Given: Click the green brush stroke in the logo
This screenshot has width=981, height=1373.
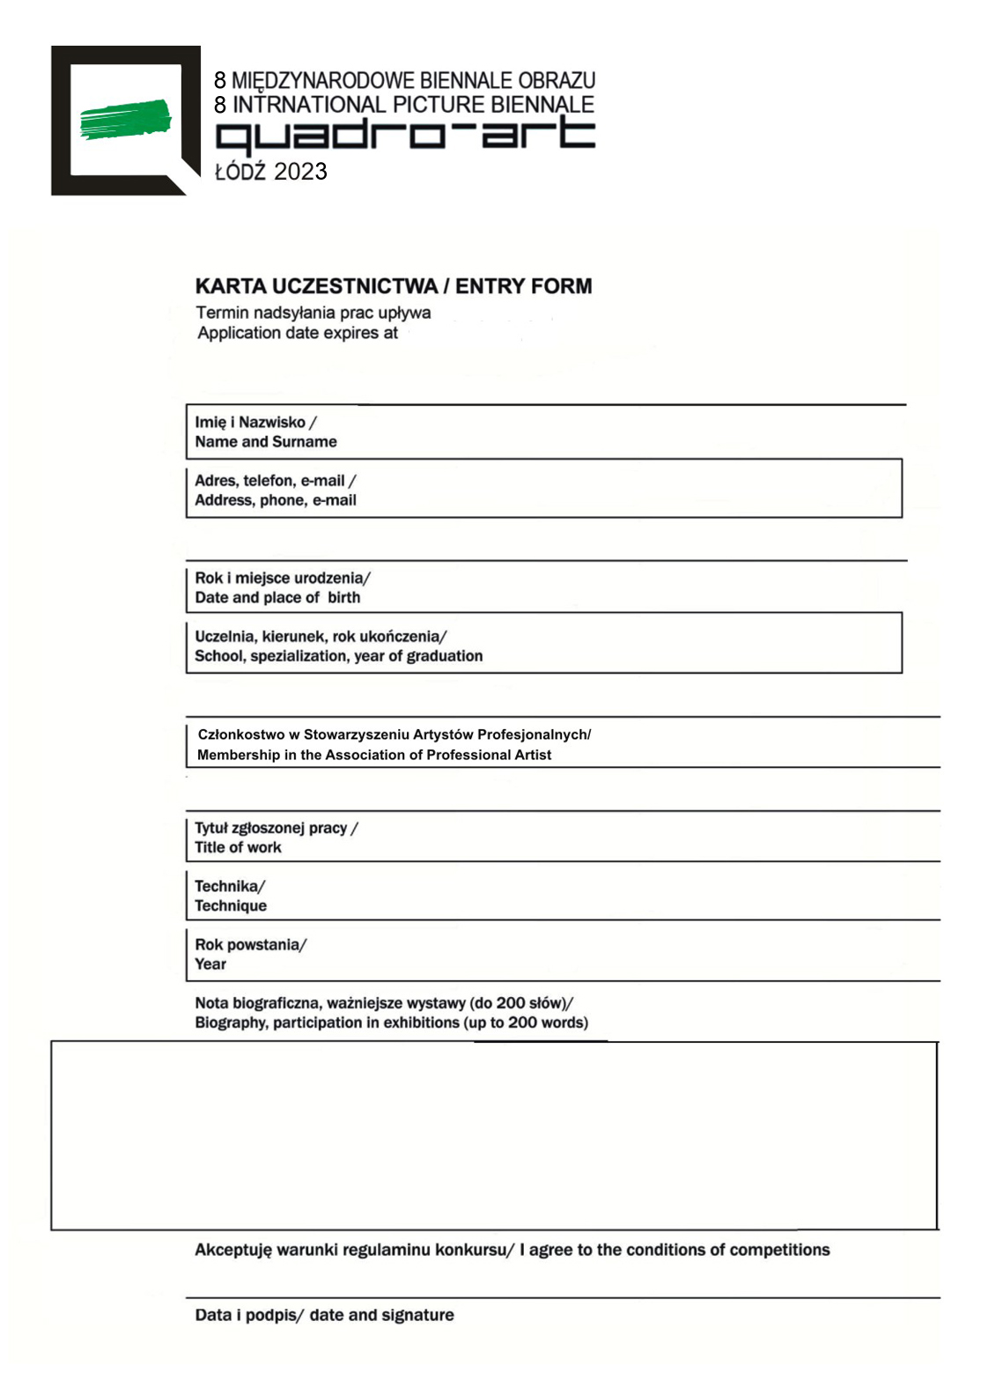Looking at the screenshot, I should pyautogui.click(x=125, y=119).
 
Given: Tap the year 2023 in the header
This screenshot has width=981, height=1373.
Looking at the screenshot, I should pyautogui.click(x=300, y=172).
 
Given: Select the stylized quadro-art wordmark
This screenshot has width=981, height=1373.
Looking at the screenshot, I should pyautogui.click(x=405, y=136).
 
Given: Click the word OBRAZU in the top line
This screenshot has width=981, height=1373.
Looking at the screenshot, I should pyautogui.click(x=557, y=80).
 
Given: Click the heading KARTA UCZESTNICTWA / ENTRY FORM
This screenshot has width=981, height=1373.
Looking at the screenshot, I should pyautogui.click(x=393, y=286).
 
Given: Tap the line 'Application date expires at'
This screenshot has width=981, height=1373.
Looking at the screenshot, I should pyautogui.click(x=298, y=333).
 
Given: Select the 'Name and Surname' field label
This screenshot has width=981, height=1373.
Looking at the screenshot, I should pyautogui.click(x=266, y=442).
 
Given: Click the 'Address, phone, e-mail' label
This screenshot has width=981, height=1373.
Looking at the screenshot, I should pyautogui.click(x=276, y=500).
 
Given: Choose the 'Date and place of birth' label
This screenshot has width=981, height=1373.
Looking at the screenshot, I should pyautogui.click(x=277, y=597).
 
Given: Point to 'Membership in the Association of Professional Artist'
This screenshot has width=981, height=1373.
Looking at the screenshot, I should pyautogui.click(x=374, y=755).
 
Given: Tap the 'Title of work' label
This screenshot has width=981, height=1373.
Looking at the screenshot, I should pyautogui.click(x=238, y=847).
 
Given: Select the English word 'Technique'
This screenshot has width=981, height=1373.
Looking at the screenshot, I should pyautogui.click(x=231, y=905).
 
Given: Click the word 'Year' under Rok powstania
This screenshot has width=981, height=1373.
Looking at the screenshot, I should pyautogui.click(x=210, y=964).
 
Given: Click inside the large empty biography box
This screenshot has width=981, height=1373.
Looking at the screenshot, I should pyautogui.click(x=493, y=1136).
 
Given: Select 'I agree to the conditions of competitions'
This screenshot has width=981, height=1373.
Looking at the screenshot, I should pyautogui.click(x=675, y=1250).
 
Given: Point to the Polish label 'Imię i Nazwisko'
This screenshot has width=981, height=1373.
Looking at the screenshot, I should pyautogui.click(x=250, y=422).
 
